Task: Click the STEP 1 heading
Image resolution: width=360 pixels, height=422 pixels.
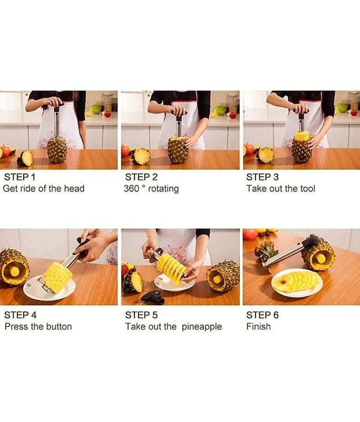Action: (x=20, y=177)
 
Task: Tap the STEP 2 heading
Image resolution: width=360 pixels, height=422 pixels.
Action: (x=141, y=177)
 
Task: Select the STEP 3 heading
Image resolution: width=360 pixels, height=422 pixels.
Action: (x=262, y=177)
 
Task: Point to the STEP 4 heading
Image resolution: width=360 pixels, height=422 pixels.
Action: (x=20, y=315)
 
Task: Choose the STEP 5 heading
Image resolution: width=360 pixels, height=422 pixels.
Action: (x=141, y=315)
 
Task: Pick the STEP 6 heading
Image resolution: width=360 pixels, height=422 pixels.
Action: (x=262, y=315)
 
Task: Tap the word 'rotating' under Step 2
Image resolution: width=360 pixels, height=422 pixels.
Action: (x=163, y=189)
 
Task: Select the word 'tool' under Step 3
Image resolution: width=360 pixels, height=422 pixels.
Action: (x=308, y=188)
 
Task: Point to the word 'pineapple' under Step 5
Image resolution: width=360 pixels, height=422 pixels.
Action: (x=202, y=327)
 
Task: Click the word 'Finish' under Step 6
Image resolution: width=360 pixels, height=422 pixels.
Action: (x=258, y=327)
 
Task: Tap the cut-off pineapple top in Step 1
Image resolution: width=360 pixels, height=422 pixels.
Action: (x=25, y=158)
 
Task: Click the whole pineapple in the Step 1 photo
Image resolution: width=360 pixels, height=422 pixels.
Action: (x=57, y=150)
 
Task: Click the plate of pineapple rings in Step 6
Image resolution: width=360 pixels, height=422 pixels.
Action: (x=297, y=283)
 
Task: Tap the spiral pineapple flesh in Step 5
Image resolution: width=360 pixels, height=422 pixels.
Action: (x=171, y=268)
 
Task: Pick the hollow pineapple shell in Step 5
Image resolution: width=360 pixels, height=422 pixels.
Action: (x=223, y=276)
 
